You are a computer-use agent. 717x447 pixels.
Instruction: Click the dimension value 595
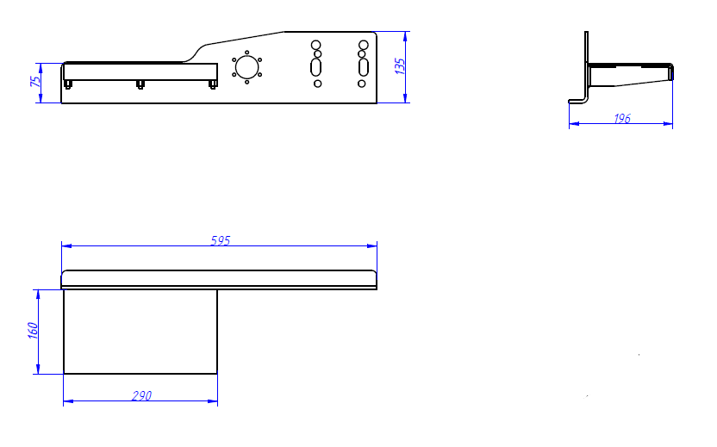click(221, 240)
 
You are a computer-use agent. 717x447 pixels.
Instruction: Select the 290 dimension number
click(141, 395)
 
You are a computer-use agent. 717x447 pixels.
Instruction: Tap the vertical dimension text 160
click(33, 331)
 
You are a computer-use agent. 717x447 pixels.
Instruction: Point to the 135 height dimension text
click(400, 66)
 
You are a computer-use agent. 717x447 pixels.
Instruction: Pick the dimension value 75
click(35, 81)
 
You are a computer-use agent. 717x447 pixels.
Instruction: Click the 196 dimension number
click(622, 118)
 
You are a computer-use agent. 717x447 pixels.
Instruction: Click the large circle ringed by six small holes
click(247, 67)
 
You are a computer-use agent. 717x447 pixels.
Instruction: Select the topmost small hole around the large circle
click(247, 53)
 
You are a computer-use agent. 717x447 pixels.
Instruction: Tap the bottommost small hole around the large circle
click(247, 83)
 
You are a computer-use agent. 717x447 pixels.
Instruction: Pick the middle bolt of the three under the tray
click(140, 84)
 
